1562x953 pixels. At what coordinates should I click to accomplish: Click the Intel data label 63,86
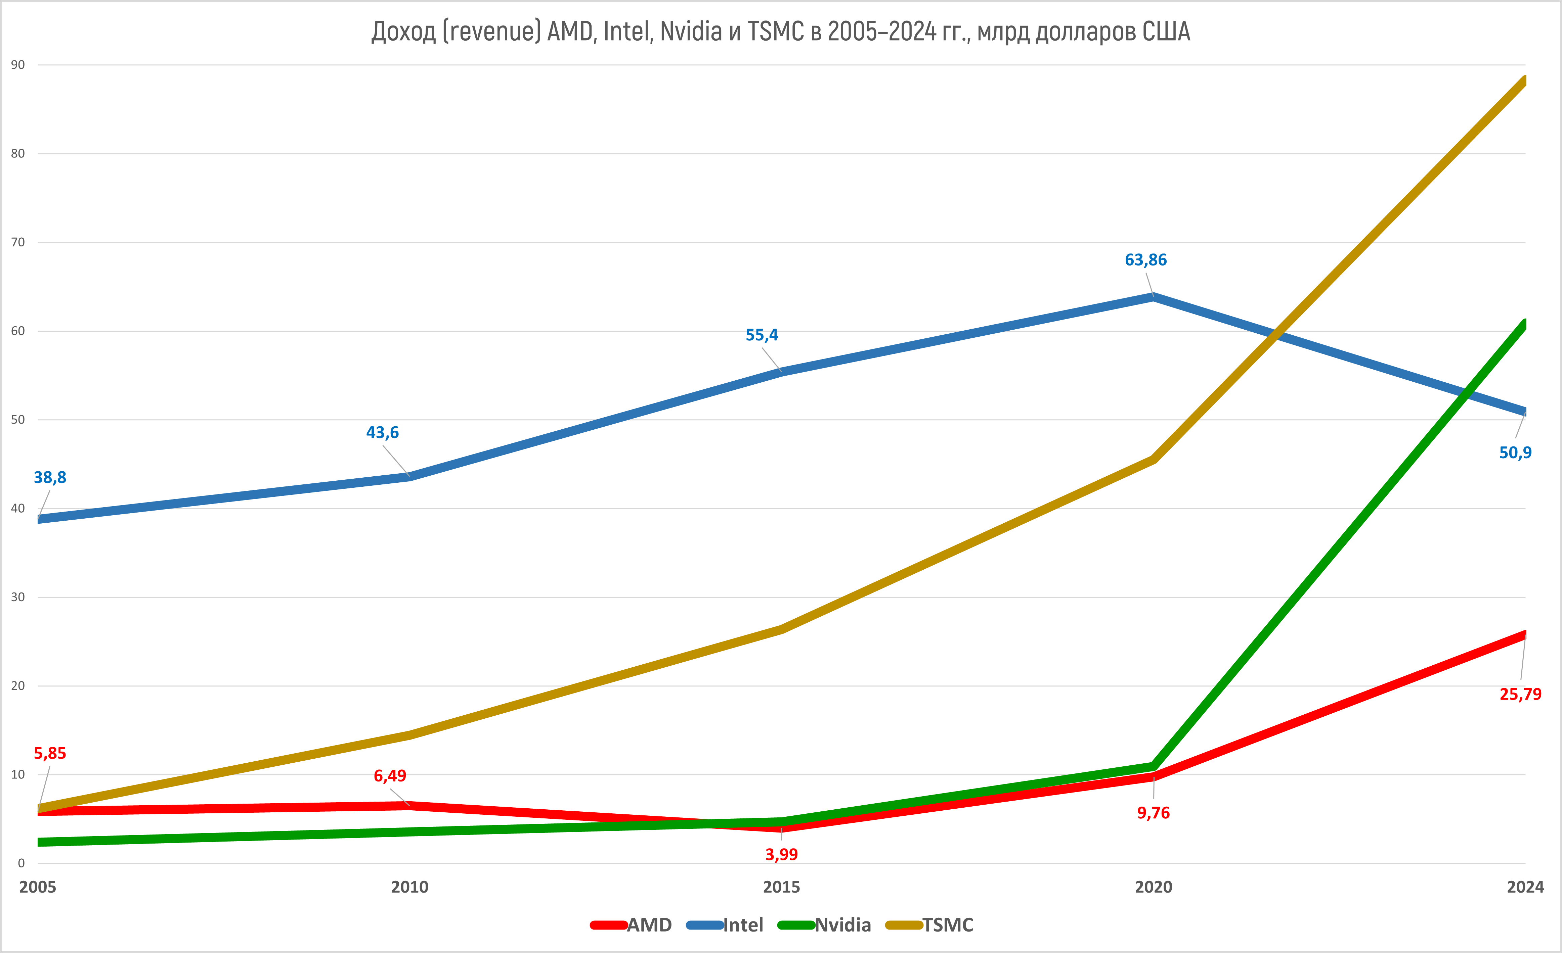tap(1145, 260)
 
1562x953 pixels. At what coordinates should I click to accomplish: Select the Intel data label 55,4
tap(761, 335)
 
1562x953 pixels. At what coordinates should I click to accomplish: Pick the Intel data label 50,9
tap(1515, 452)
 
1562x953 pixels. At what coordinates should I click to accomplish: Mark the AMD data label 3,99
tap(781, 854)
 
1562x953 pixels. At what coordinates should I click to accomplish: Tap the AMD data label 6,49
tap(390, 775)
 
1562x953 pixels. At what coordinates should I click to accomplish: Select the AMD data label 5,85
tap(49, 753)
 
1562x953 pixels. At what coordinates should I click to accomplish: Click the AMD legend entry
tap(632, 925)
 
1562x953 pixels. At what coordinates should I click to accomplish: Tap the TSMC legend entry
tap(930, 925)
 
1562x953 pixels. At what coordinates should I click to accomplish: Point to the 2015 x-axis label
tap(781, 887)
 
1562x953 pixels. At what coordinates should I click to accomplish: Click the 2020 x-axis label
tap(1153, 887)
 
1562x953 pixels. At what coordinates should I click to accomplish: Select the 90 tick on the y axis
tap(18, 65)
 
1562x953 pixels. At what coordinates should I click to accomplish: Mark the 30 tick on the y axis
tap(18, 597)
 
